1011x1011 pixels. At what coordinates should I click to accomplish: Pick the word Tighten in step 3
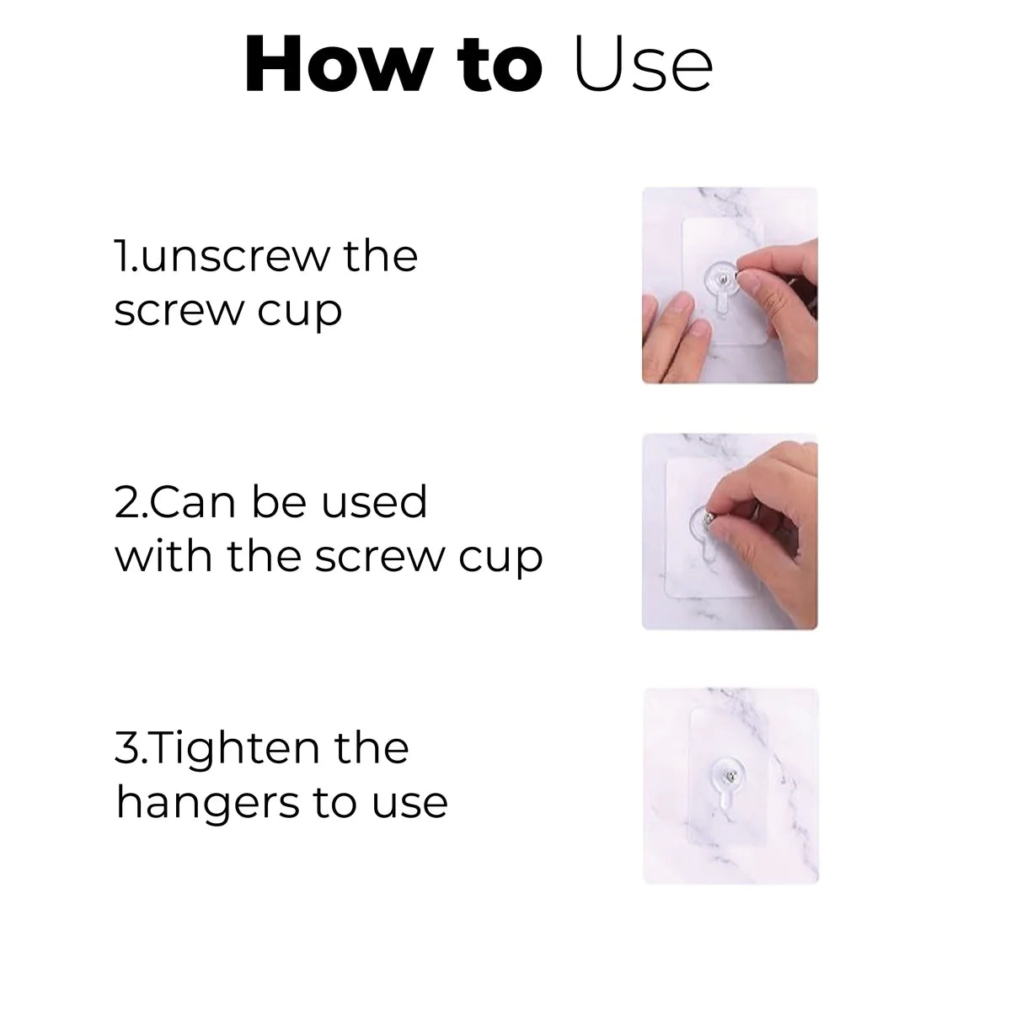point(231,749)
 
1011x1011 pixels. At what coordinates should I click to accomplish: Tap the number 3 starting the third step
point(124,749)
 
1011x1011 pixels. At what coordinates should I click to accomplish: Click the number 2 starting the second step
point(124,503)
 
